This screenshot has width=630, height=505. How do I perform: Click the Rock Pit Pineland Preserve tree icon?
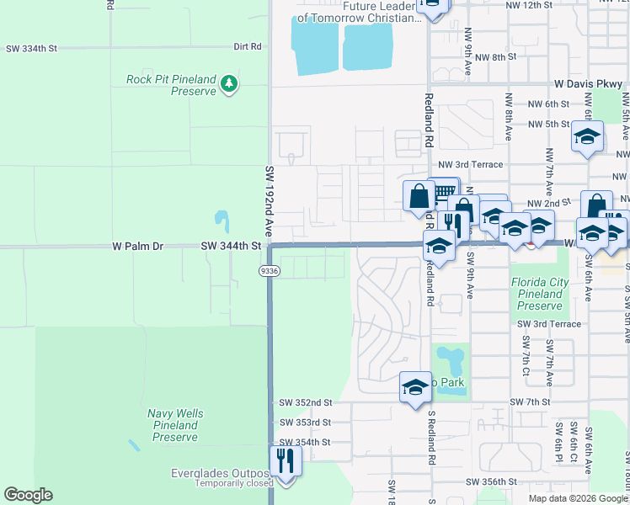pyautogui.click(x=229, y=83)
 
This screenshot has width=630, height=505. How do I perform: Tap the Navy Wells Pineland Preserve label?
pyautogui.click(x=175, y=425)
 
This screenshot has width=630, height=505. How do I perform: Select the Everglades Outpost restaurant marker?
pyautogui.click(x=286, y=461)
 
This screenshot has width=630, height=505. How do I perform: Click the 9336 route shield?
pyautogui.click(x=268, y=270)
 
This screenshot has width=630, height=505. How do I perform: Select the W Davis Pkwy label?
pyautogui.click(x=589, y=84)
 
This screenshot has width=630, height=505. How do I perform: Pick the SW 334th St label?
pyautogui.click(x=30, y=49)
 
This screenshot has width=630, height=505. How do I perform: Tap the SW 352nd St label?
pyautogui.click(x=305, y=403)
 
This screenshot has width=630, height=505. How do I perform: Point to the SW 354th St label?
pyautogui.click(x=305, y=442)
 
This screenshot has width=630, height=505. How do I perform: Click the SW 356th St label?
pyautogui.click(x=492, y=481)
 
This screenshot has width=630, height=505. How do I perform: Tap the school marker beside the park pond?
pyautogui.click(x=415, y=387)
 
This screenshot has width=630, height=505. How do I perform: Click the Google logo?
pyautogui.click(x=28, y=495)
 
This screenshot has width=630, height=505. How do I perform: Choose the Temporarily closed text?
pyautogui.click(x=235, y=483)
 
